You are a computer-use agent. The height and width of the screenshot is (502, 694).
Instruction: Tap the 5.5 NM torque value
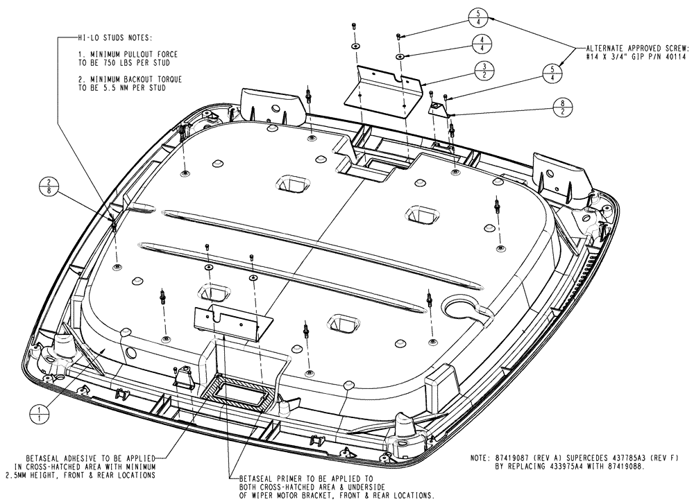pyautogui.click(x=117, y=88)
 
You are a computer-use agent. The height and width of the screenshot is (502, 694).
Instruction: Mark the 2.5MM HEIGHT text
pyautogui.click(x=47, y=475)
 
